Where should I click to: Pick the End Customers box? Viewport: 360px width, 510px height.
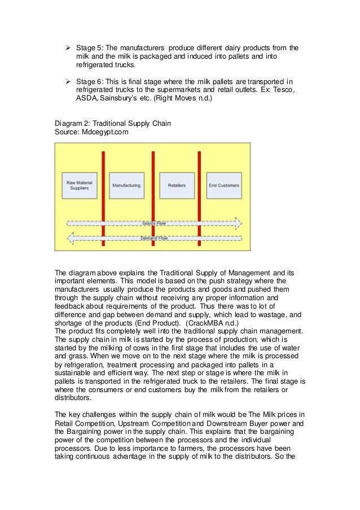pos(223,185)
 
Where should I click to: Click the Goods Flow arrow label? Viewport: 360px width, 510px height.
pos(154,223)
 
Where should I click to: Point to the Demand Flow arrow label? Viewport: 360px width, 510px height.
pos(154,238)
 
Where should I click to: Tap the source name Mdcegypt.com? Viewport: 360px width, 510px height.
pos(107,131)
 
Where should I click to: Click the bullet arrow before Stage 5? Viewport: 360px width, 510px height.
pos(64,48)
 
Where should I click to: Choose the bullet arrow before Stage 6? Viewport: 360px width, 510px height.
pos(64,82)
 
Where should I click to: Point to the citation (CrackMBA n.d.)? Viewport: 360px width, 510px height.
pos(207,323)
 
